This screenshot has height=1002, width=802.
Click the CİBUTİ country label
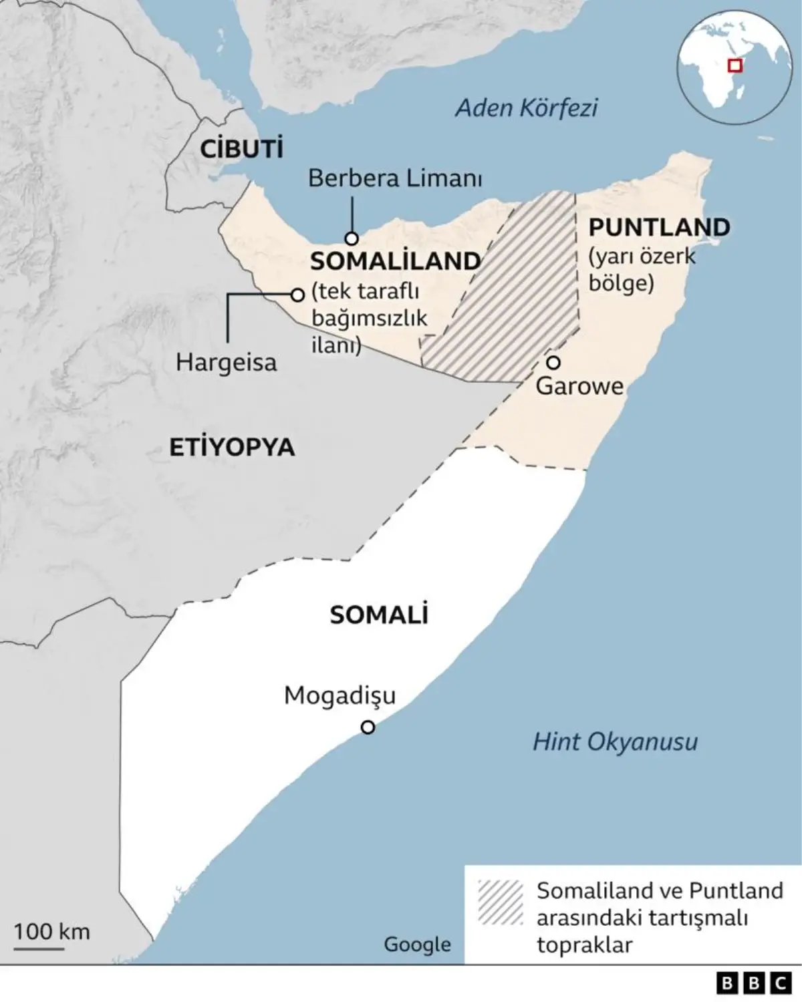(242, 148)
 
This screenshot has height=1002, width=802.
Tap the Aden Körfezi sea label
(527, 108)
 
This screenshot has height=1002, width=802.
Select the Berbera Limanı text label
(395, 178)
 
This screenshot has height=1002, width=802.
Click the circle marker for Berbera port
(352, 238)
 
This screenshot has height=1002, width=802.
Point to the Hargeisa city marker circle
(297, 295)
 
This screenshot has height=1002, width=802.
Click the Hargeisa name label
(226, 362)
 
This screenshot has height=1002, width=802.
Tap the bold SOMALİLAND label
(396, 261)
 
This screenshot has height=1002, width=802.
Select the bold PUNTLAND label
(659, 227)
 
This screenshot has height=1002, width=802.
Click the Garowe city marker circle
(553, 362)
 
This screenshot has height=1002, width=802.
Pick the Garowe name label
(579, 386)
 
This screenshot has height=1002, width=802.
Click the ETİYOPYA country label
(231, 447)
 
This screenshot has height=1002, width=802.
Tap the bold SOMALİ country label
(379, 615)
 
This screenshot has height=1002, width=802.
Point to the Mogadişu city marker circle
(368, 727)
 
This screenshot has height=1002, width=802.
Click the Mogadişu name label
(340, 695)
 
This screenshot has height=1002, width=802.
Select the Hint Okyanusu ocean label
(615, 741)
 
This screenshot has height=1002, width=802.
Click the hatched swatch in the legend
(500, 902)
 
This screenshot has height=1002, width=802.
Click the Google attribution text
(417, 944)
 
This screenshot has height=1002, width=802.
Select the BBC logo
(753, 983)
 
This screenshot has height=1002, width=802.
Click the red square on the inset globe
(735, 65)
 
